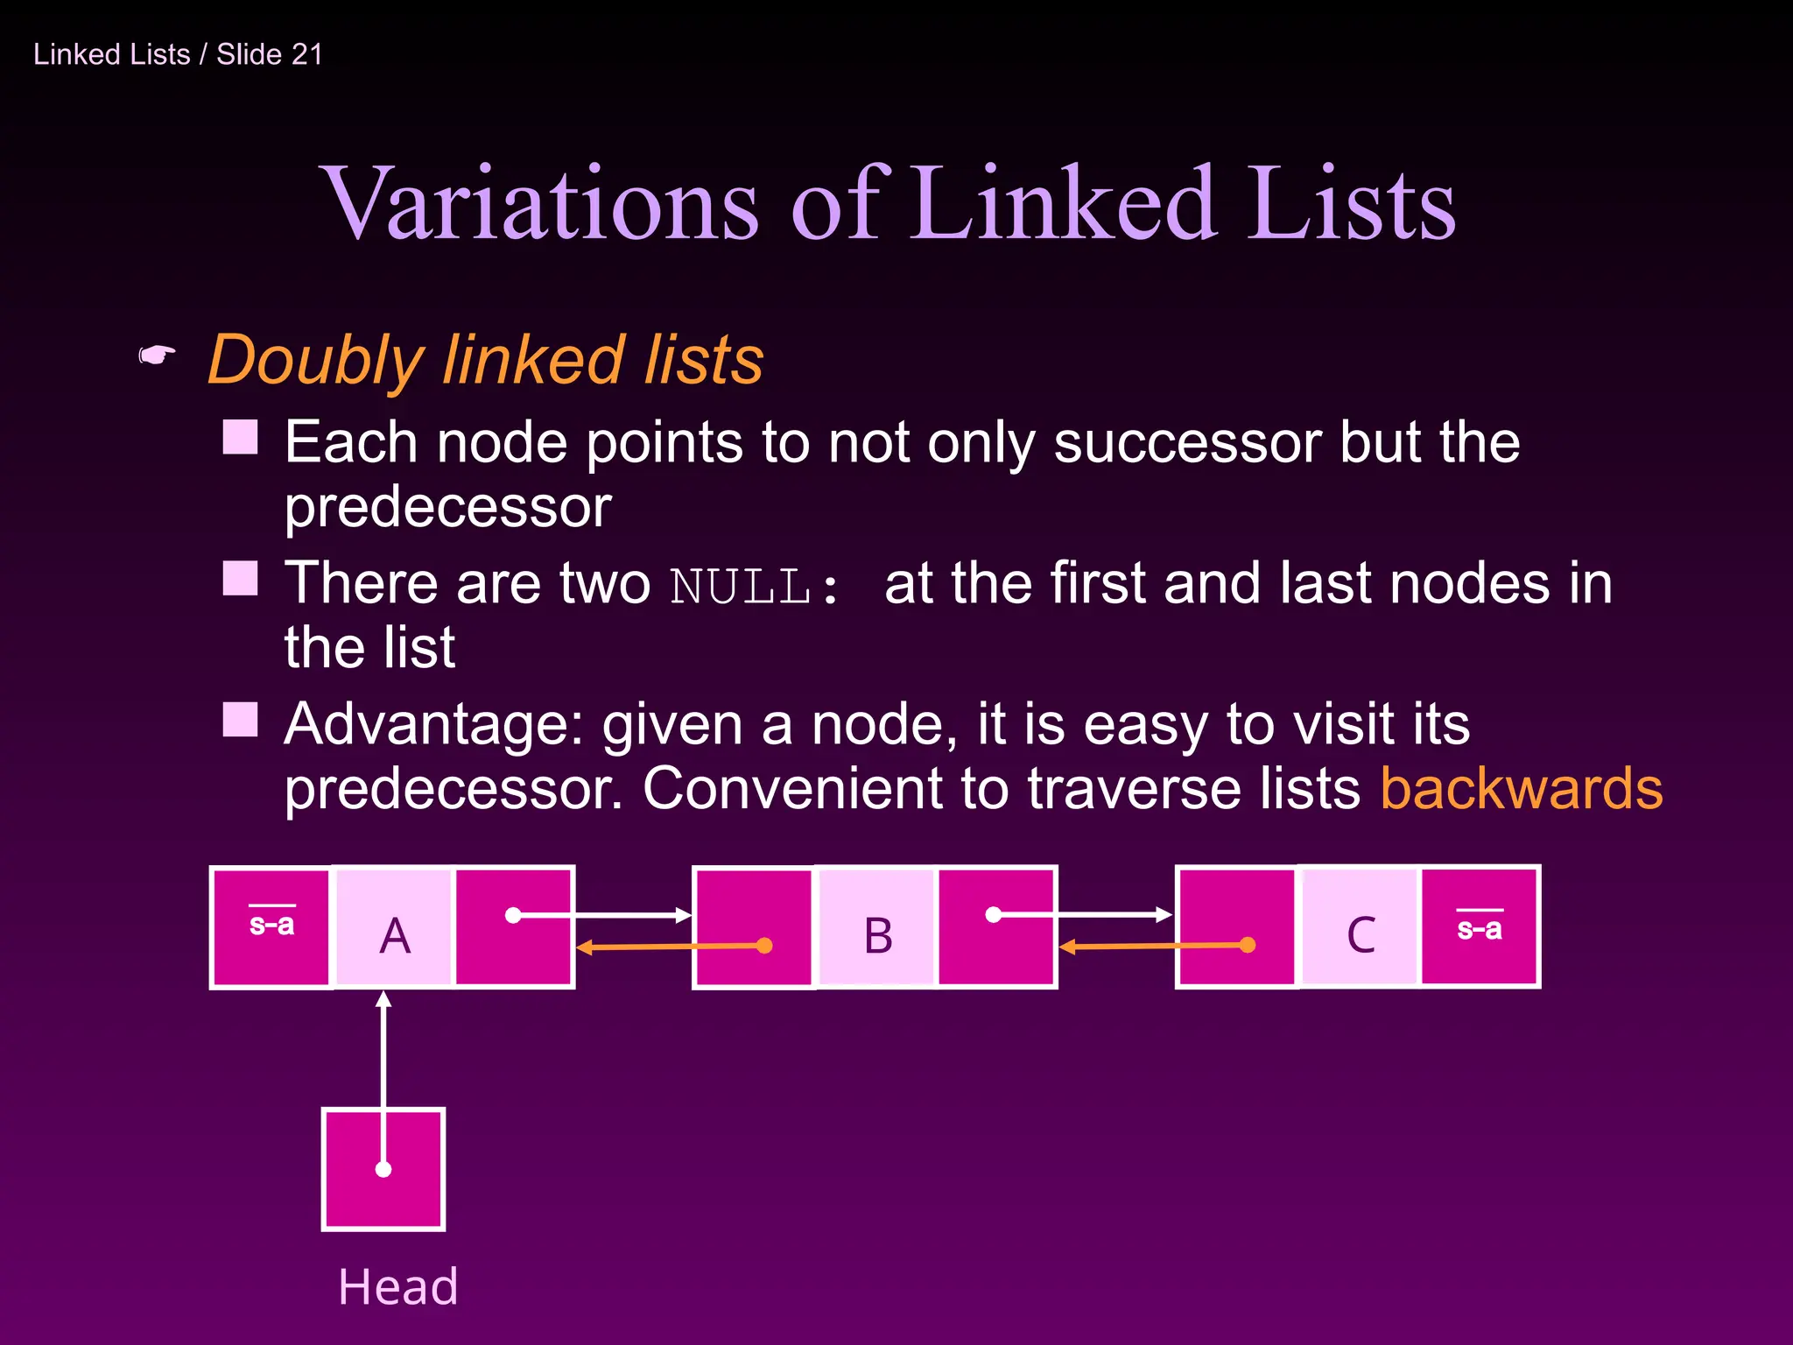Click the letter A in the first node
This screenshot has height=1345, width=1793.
point(395,935)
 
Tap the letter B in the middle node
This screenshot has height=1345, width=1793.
point(878,935)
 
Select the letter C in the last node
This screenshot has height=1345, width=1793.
point(1361,934)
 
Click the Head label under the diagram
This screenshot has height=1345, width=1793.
point(398,1286)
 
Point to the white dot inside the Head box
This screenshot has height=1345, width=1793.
point(383,1169)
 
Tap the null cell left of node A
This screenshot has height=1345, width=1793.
point(271,926)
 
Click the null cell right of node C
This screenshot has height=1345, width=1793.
point(1480,926)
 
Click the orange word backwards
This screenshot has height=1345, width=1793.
point(1521,788)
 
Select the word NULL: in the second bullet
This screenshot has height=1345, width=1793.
point(754,586)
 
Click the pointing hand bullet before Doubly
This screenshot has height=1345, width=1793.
point(158,356)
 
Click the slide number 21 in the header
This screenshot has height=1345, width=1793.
point(306,54)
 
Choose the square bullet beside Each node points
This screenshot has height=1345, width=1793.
point(240,437)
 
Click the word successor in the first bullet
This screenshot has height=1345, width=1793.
point(1186,442)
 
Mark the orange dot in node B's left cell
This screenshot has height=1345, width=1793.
point(764,946)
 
